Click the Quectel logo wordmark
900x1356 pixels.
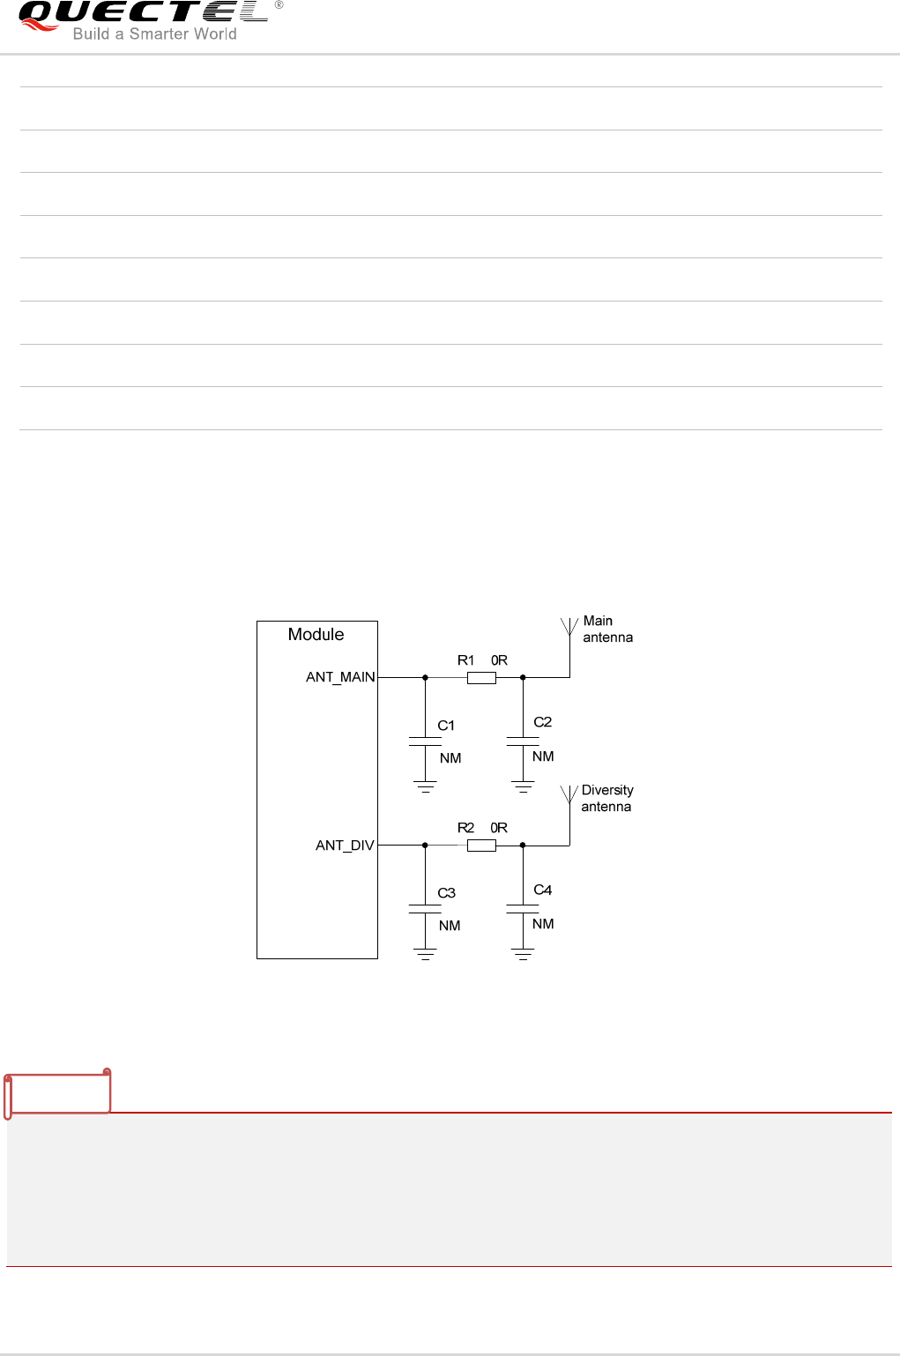(x=144, y=12)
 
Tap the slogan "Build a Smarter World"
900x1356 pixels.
(x=154, y=34)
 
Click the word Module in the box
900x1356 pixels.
(x=316, y=634)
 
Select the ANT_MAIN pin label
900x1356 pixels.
(x=340, y=677)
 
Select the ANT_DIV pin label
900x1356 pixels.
(x=345, y=846)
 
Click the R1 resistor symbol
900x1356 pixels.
(x=481, y=678)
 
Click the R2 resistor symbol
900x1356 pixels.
(x=481, y=846)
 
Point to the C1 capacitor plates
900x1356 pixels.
(x=425, y=741)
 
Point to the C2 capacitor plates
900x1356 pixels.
(x=523, y=741)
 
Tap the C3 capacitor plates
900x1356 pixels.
(x=425, y=909)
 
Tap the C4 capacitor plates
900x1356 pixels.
(x=523, y=909)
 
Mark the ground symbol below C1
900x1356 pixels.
(x=425, y=787)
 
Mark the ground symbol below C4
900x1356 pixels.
(x=523, y=955)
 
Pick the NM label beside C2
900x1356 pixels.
(x=543, y=756)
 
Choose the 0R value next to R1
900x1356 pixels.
(x=499, y=659)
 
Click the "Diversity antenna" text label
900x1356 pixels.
(x=607, y=798)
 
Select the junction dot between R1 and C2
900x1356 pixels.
(x=523, y=677)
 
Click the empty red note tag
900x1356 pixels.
(x=57, y=1094)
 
